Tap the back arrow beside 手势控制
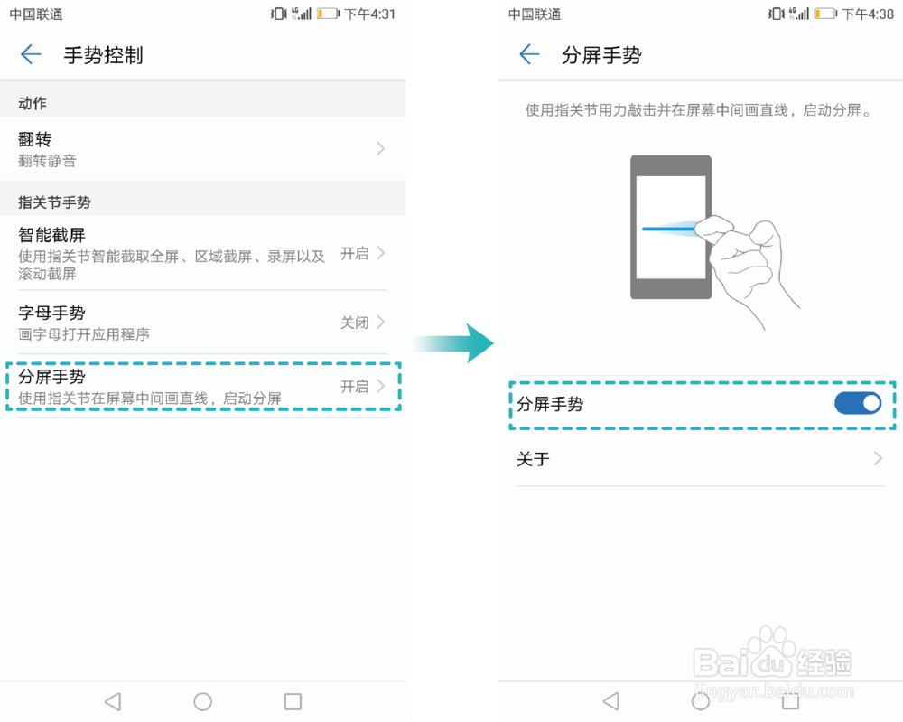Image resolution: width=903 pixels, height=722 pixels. (31, 55)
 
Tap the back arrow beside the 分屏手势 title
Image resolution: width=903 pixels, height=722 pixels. (529, 55)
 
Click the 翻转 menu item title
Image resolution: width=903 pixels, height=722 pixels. (35, 139)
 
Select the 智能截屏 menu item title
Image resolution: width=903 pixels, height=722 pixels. (51, 235)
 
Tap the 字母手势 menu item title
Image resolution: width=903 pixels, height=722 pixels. (51, 313)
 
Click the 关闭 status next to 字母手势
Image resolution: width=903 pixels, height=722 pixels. (354, 323)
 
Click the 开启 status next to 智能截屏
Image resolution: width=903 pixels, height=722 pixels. (354, 253)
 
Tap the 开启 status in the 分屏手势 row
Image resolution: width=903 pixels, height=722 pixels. (354, 387)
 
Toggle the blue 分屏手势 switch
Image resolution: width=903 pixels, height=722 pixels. (857, 403)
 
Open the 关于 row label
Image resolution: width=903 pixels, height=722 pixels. (533, 459)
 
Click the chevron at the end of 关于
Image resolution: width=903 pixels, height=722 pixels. (878, 459)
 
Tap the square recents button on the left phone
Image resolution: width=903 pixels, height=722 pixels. (293, 701)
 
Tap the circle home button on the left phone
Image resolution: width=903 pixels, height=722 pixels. (203, 701)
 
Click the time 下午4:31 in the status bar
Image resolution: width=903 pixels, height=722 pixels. (369, 14)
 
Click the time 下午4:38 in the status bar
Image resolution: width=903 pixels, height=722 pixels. (867, 14)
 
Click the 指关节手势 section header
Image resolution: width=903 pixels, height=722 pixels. (54, 202)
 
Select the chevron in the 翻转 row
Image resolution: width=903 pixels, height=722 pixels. (380, 148)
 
